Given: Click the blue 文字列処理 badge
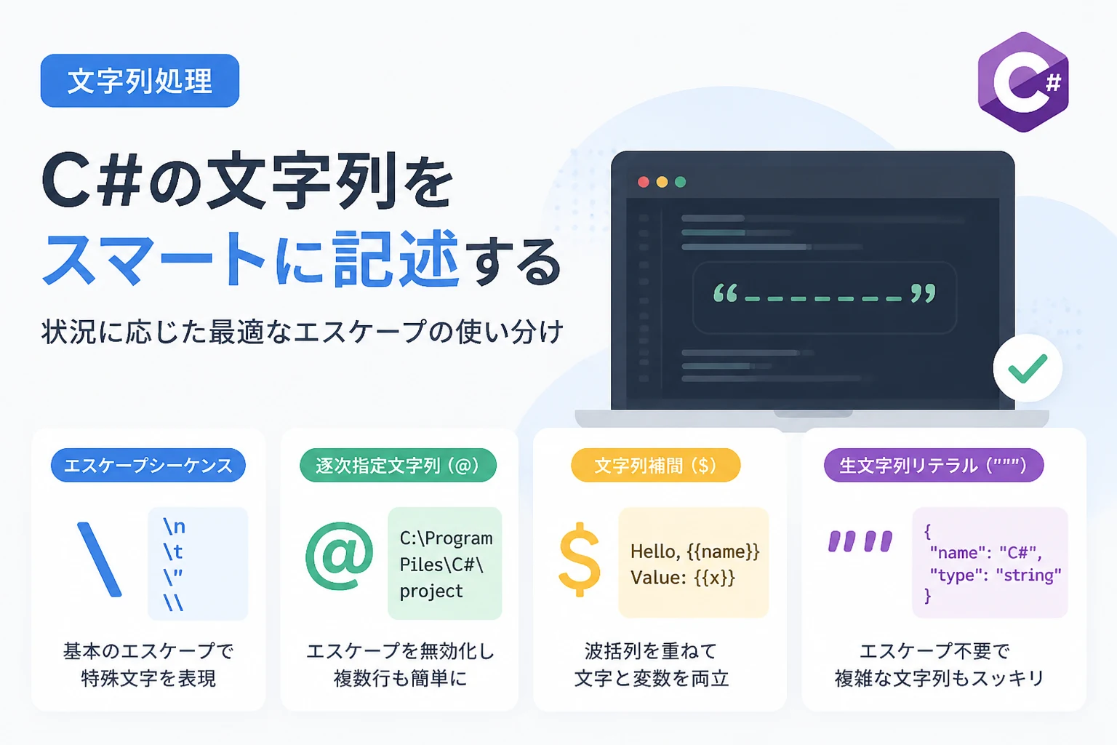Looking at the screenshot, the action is tap(140, 81).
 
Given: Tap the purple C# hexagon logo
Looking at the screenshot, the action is tap(1023, 81).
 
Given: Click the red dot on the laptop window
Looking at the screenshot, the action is tap(644, 182).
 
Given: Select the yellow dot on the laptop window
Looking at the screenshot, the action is tap(662, 182).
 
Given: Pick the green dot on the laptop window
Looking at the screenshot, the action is tap(680, 182).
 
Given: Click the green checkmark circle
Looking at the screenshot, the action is tap(1028, 368).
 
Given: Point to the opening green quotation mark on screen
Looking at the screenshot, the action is tap(725, 293).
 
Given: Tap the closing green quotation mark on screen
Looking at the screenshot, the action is tap(923, 293).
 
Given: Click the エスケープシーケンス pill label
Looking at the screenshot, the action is tap(148, 465).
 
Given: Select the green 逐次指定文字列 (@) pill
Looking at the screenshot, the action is tap(398, 465).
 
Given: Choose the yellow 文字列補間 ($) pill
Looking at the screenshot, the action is tap(655, 465).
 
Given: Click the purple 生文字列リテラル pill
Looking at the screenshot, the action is tap(934, 465).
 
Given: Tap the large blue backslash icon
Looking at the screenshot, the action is tap(99, 559).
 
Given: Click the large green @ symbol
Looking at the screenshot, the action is tap(340, 556).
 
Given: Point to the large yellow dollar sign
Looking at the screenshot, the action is tap(579, 559).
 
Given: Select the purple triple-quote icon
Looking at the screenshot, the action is tap(860, 541).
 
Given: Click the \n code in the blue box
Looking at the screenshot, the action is tap(174, 527).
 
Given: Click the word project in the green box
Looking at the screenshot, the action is tap(431, 591).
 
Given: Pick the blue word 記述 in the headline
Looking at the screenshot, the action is tap(396, 258).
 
